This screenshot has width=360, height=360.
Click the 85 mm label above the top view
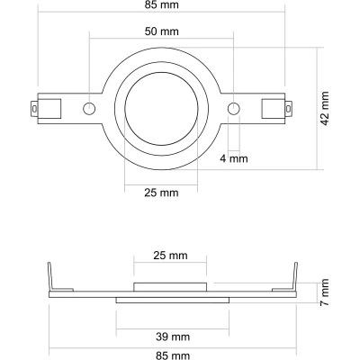pos(161,4)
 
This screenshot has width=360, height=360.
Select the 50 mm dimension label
pos(162,31)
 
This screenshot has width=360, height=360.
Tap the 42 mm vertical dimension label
pos(325,109)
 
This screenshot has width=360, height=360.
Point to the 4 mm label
pos(234,158)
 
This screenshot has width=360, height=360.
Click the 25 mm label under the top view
pos(161,193)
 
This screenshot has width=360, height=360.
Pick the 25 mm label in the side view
pos(170,256)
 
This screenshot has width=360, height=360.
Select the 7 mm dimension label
pos(325,292)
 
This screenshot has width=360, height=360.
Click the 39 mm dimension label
pos(173,337)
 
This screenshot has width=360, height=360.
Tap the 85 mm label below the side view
pos(173,355)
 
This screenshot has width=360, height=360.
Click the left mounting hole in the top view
pos(89,108)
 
